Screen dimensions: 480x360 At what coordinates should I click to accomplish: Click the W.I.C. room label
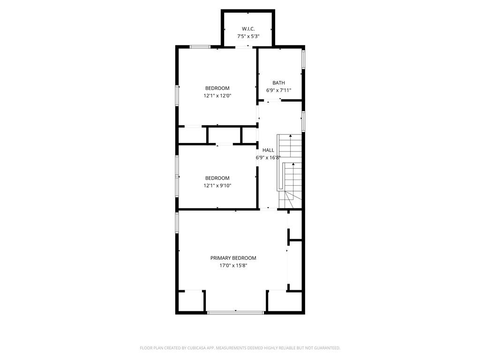(x=248, y=29)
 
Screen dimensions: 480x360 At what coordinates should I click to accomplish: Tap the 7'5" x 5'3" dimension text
(x=248, y=36)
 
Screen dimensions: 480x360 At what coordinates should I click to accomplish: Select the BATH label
(x=278, y=82)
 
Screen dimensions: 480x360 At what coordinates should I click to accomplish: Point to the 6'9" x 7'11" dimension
(x=278, y=90)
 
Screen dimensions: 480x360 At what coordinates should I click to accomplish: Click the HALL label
(x=268, y=150)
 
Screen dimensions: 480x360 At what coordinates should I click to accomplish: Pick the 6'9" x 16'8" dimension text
(x=268, y=157)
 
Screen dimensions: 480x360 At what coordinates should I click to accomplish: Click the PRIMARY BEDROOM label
(x=233, y=258)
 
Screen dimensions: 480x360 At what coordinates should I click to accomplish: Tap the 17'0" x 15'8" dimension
(x=233, y=266)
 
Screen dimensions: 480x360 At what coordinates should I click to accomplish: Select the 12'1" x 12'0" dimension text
(x=217, y=96)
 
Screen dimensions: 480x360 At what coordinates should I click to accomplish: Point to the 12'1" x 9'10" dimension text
(x=217, y=186)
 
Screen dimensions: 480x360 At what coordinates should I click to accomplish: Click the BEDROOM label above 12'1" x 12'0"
(x=217, y=88)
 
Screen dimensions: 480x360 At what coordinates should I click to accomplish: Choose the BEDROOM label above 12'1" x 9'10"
(x=217, y=178)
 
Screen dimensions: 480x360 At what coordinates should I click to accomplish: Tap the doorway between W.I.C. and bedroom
(x=244, y=47)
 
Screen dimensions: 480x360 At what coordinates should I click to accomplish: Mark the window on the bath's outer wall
(x=303, y=59)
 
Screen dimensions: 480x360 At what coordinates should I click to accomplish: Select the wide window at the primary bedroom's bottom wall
(x=236, y=313)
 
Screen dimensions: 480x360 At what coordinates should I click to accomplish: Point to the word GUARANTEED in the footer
(x=328, y=348)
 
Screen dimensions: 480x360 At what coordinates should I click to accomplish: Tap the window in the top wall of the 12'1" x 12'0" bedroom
(x=200, y=47)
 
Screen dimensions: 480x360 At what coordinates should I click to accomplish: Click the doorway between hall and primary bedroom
(x=269, y=210)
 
